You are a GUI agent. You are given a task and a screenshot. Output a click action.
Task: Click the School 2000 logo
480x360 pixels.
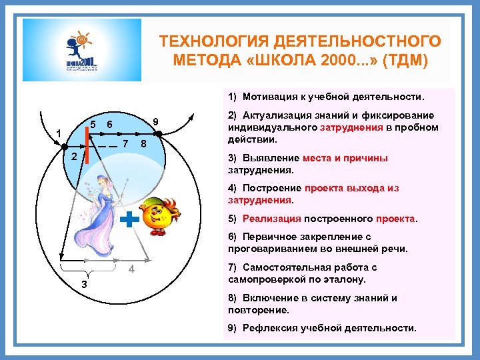coord(82,50)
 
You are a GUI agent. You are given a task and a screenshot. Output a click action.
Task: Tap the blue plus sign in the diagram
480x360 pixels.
coord(131,219)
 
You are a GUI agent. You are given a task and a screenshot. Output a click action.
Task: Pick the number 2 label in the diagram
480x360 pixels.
coord(75,157)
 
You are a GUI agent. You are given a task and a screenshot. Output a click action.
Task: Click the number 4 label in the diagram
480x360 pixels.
coord(132,269)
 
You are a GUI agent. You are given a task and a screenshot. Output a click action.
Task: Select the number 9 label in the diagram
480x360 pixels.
coord(155,121)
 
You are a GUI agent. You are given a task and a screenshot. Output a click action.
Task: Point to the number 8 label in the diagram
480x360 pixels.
coord(143,145)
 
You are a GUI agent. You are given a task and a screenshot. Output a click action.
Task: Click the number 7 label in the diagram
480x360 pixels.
coord(126,145)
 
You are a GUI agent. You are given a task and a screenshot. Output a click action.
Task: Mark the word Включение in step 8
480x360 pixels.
coord(269,298)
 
